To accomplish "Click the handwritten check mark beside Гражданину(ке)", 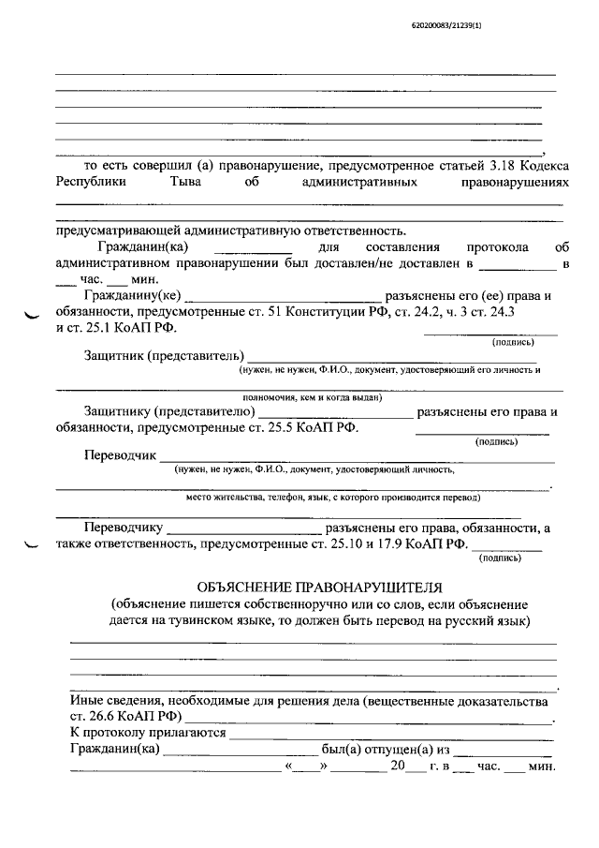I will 34,317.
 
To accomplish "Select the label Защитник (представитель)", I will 163,356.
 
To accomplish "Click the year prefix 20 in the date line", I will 397,766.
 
